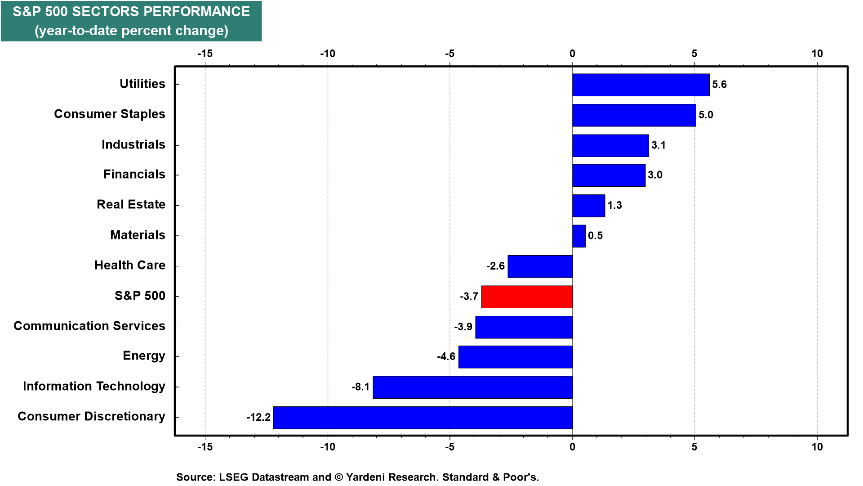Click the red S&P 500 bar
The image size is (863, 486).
pyautogui.click(x=527, y=297)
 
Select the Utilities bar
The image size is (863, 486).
pyautogui.click(x=641, y=85)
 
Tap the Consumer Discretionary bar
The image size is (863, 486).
pyautogui.click(x=423, y=418)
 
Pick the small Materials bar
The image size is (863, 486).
pyautogui.click(x=579, y=236)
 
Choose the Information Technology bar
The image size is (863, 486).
pyautogui.click(x=473, y=387)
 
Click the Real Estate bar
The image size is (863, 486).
pyautogui.click(x=589, y=206)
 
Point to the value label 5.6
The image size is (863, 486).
pyautogui.click(x=719, y=85)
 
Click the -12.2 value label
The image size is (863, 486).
pyautogui.click(x=258, y=417)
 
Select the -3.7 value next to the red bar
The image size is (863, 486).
pyautogui.click(x=469, y=296)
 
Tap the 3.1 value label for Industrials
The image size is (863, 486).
pyautogui.click(x=658, y=145)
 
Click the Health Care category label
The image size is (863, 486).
pyautogui.click(x=130, y=265)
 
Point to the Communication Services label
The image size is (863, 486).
pyautogui.click(x=89, y=326)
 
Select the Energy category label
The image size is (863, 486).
pyautogui.click(x=144, y=356)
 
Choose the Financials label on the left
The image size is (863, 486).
pyautogui.click(x=134, y=174)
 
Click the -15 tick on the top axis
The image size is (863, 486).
pyautogui.click(x=205, y=54)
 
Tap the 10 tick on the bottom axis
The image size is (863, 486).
pyautogui.click(x=817, y=447)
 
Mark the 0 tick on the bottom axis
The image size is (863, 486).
pyautogui.click(x=572, y=447)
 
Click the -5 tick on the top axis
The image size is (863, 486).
pyautogui.click(x=449, y=54)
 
